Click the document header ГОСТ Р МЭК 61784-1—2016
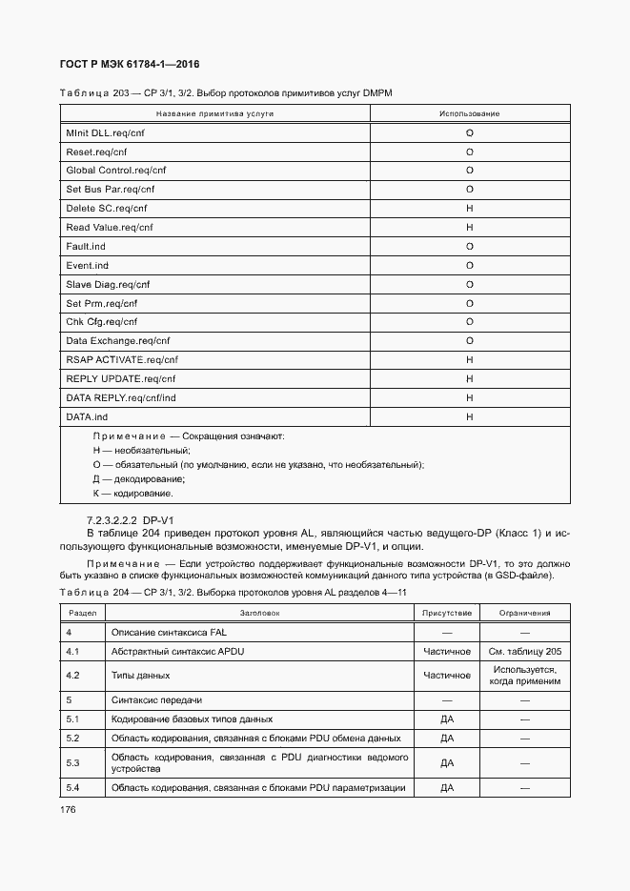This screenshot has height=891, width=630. click(123, 63)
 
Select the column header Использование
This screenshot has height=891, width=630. click(469, 113)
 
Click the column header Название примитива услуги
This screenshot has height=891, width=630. click(214, 113)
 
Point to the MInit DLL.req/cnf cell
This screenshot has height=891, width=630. click(105, 133)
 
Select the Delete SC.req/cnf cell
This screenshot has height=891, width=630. click(107, 209)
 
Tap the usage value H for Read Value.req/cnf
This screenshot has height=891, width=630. click(469, 228)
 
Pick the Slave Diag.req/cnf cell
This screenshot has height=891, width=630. click(108, 285)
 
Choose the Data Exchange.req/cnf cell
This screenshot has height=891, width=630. click(117, 341)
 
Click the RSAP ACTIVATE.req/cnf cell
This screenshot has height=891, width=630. click(122, 360)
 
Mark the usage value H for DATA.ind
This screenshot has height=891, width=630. click(469, 417)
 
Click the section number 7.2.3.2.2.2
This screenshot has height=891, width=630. click(112, 519)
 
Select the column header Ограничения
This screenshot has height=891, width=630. click(523, 614)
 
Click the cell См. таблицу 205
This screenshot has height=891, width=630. click(523, 652)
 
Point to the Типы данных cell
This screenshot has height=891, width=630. click(141, 676)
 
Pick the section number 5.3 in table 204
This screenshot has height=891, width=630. click(71, 762)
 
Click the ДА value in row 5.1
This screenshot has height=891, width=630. click(447, 719)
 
